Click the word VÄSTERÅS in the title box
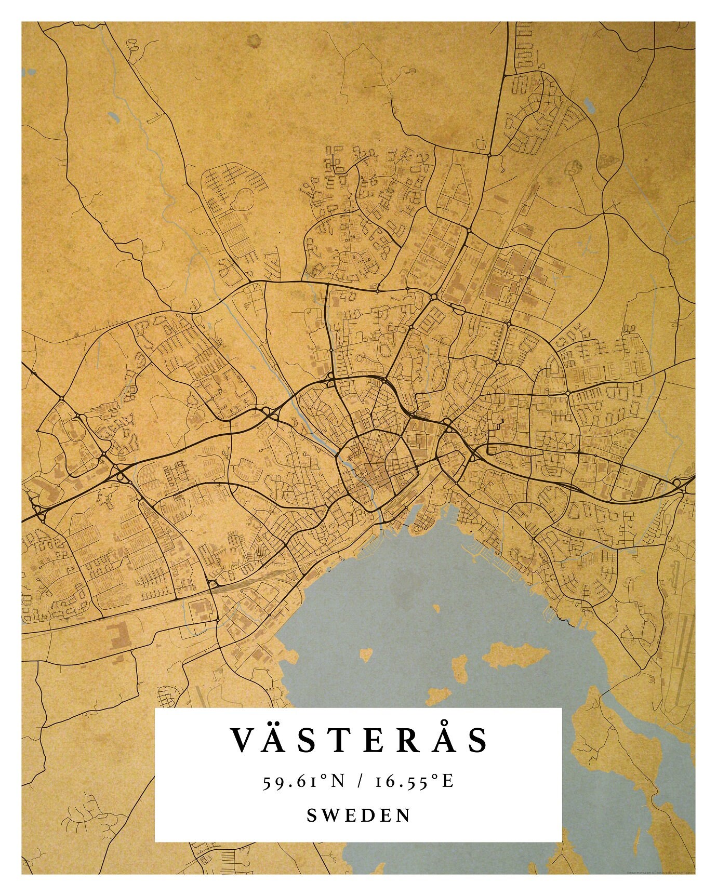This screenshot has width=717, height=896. click(x=358, y=740)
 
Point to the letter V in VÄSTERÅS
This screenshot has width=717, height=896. click(x=243, y=741)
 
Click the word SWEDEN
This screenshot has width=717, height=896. click(x=358, y=815)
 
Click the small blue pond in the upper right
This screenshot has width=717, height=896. click(x=590, y=106)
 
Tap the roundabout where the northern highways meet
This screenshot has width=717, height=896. click(x=489, y=155)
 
